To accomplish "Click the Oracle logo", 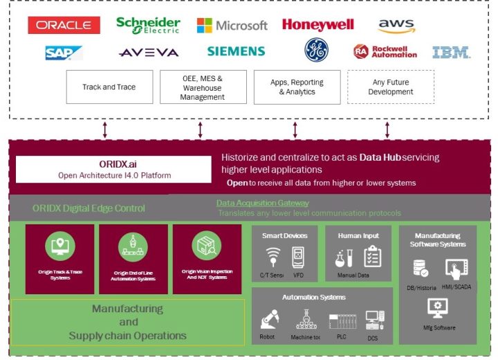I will pyautogui.click(x=64, y=26).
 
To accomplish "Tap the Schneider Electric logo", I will pyautogui.click(x=148, y=25).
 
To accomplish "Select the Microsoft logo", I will pyautogui.click(x=232, y=26).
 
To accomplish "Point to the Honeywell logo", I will pyautogui.click(x=317, y=25).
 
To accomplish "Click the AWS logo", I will pyautogui.click(x=396, y=26).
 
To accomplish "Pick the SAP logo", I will pyautogui.click(x=63, y=53).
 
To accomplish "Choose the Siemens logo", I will pyautogui.click(x=236, y=51).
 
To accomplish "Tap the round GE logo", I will pyautogui.click(x=316, y=50).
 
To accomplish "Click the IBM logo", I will pyautogui.click(x=451, y=52).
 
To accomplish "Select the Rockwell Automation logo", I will pyautogui.click(x=385, y=51).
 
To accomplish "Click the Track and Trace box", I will pyautogui.click(x=109, y=87).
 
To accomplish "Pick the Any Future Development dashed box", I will pyautogui.click(x=390, y=87).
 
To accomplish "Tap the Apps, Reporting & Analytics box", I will pyautogui.click(x=297, y=87).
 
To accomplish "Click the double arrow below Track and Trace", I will pyautogui.click(x=105, y=129).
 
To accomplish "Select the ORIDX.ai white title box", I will pyautogui.click(x=113, y=169).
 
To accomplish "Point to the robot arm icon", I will pyautogui.click(x=268, y=319).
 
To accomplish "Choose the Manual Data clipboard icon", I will pyautogui.click(x=372, y=256).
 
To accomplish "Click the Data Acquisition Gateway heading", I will pyautogui.click(x=262, y=203).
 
